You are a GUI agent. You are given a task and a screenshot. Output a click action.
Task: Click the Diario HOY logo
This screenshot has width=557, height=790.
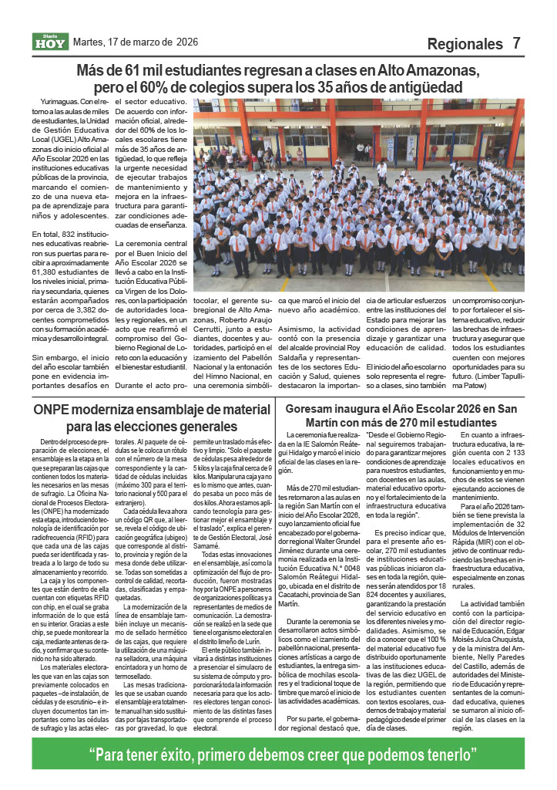click(x=51, y=42)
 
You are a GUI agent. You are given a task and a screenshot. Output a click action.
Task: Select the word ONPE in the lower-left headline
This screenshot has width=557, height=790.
click(x=52, y=410)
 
